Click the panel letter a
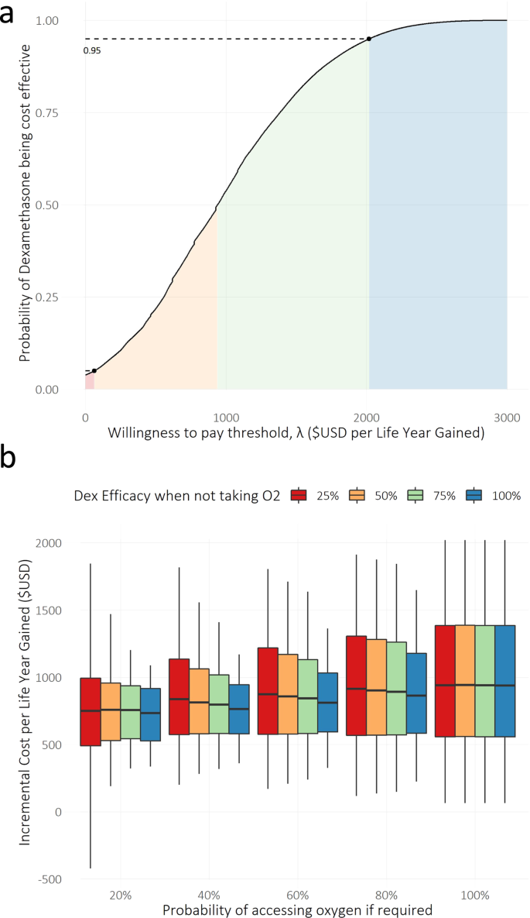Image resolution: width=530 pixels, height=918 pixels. tap(11, 14)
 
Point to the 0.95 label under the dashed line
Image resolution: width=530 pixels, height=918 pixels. tap(92, 50)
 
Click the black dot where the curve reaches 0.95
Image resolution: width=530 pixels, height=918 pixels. tap(368, 39)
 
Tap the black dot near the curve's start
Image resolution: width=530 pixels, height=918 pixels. tap(94, 371)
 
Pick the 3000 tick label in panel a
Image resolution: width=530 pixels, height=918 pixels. tap(506, 418)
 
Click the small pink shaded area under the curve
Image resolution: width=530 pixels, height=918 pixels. tap(89, 381)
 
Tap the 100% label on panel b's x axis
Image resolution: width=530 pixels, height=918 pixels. tap(476, 895)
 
